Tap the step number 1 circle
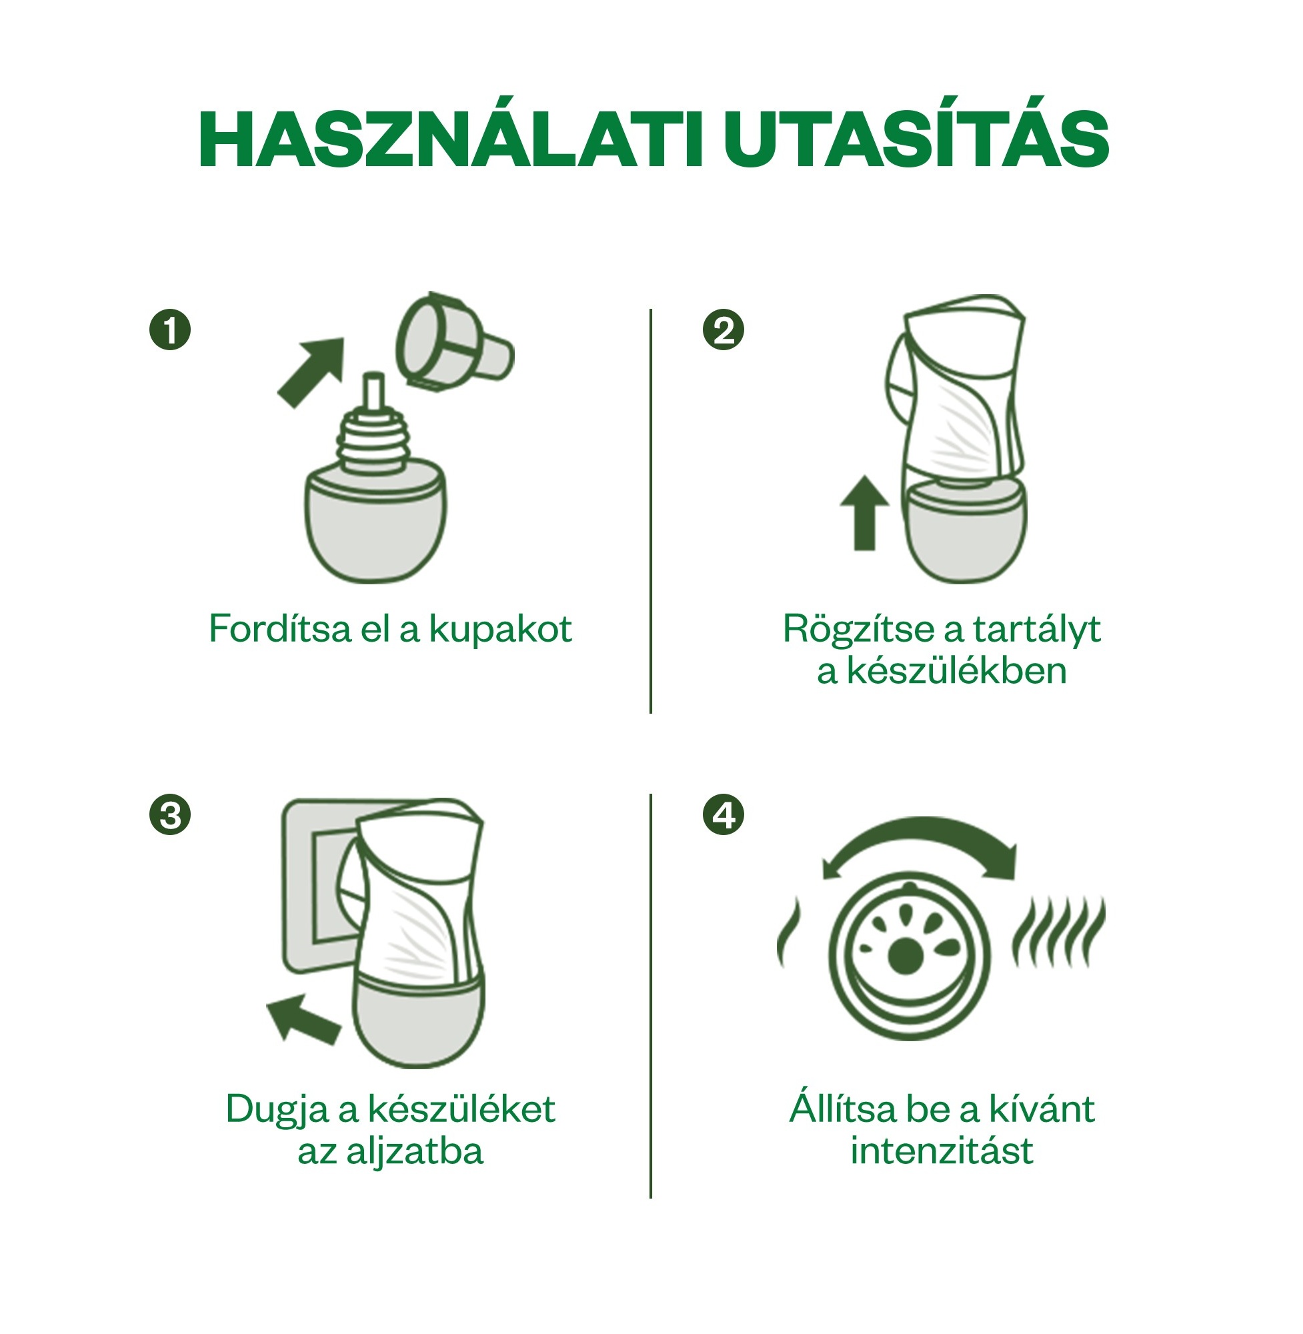(170, 331)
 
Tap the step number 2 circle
(724, 331)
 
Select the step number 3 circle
(170, 815)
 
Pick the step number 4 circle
(724, 815)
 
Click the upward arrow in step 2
(864, 513)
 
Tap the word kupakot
(500, 629)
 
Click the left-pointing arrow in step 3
(303, 1019)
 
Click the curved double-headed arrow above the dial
(920, 842)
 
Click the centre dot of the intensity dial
(905, 956)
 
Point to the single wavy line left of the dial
(788, 934)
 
